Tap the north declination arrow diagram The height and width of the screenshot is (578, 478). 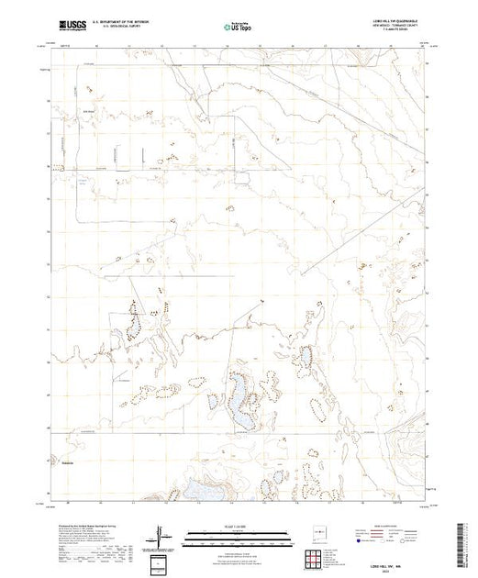tap(163, 534)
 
